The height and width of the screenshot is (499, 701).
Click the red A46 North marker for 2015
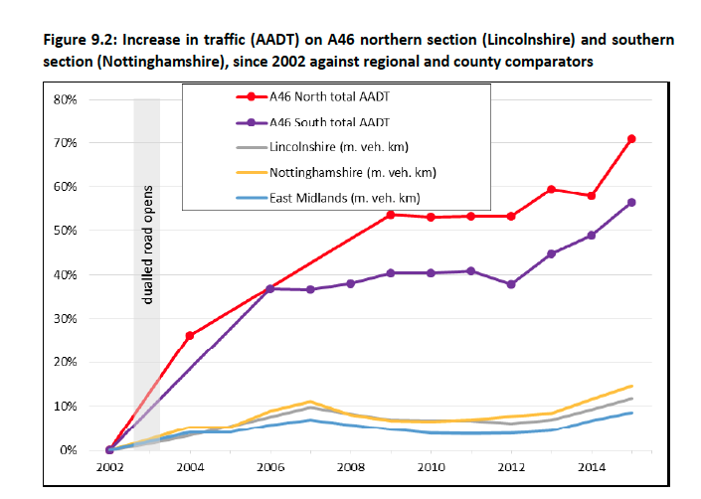pyautogui.click(x=631, y=139)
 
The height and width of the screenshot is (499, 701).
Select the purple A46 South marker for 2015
pyautogui.click(x=631, y=203)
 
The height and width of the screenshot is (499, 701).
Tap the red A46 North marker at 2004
pyautogui.click(x=190, y=336)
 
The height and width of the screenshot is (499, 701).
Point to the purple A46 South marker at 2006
pyautogui.click(x=270, y=288)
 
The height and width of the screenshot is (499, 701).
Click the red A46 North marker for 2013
pyautogui.click(x=551, y=190)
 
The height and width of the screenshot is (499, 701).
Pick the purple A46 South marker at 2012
pyautogui.click(x=511, y=284)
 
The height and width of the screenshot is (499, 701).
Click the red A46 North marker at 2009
pyautogui.click(x=391, y=215)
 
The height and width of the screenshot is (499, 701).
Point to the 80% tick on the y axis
pyautogui.click(x=65, y=99)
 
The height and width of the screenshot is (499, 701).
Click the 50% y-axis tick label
pyautogui.click(x=65, y=231)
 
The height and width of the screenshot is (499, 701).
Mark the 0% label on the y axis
pyautogui.click(x=69, y=450)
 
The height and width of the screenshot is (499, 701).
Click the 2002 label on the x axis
pyautogui.click(x=109, y=466)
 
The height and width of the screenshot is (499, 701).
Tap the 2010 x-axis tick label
pyautogui.click(x=431, y=466)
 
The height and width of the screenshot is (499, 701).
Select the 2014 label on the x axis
pyautogui.click(x=592, y=466)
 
